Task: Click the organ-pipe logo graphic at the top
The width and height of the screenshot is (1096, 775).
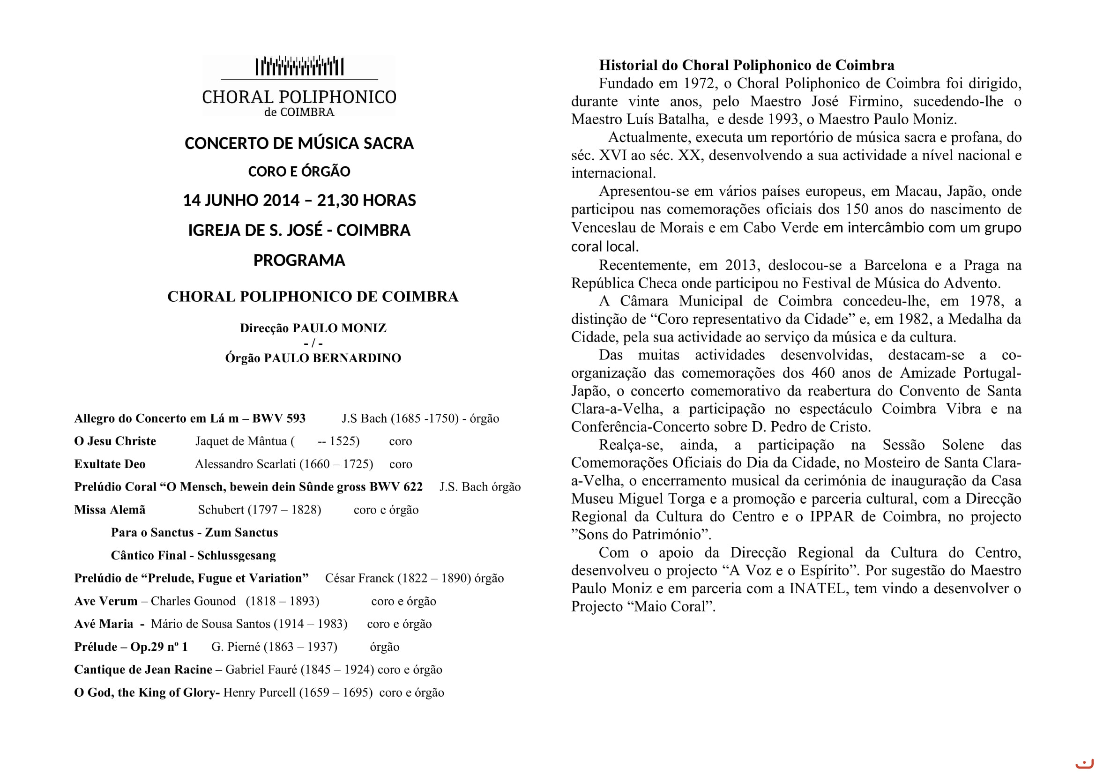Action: (299, 67)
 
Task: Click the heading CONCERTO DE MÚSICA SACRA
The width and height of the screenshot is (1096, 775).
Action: (299, 144)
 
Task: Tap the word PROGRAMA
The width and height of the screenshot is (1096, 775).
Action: (299, 261)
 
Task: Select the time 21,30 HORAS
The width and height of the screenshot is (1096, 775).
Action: (366, 201)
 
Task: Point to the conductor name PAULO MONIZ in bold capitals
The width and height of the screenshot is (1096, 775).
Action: (339, 328)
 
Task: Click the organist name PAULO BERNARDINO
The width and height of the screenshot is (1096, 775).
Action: (332, 358)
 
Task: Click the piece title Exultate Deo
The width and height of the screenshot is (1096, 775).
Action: (110, 464)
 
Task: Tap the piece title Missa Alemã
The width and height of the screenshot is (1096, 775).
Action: (110, 510)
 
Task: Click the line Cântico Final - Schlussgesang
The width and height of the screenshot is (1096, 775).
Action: (194, 556)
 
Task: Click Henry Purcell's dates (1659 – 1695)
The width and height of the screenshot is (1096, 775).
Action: (336, 693)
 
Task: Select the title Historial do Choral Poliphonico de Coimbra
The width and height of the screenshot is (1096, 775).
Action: (746, 66)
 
